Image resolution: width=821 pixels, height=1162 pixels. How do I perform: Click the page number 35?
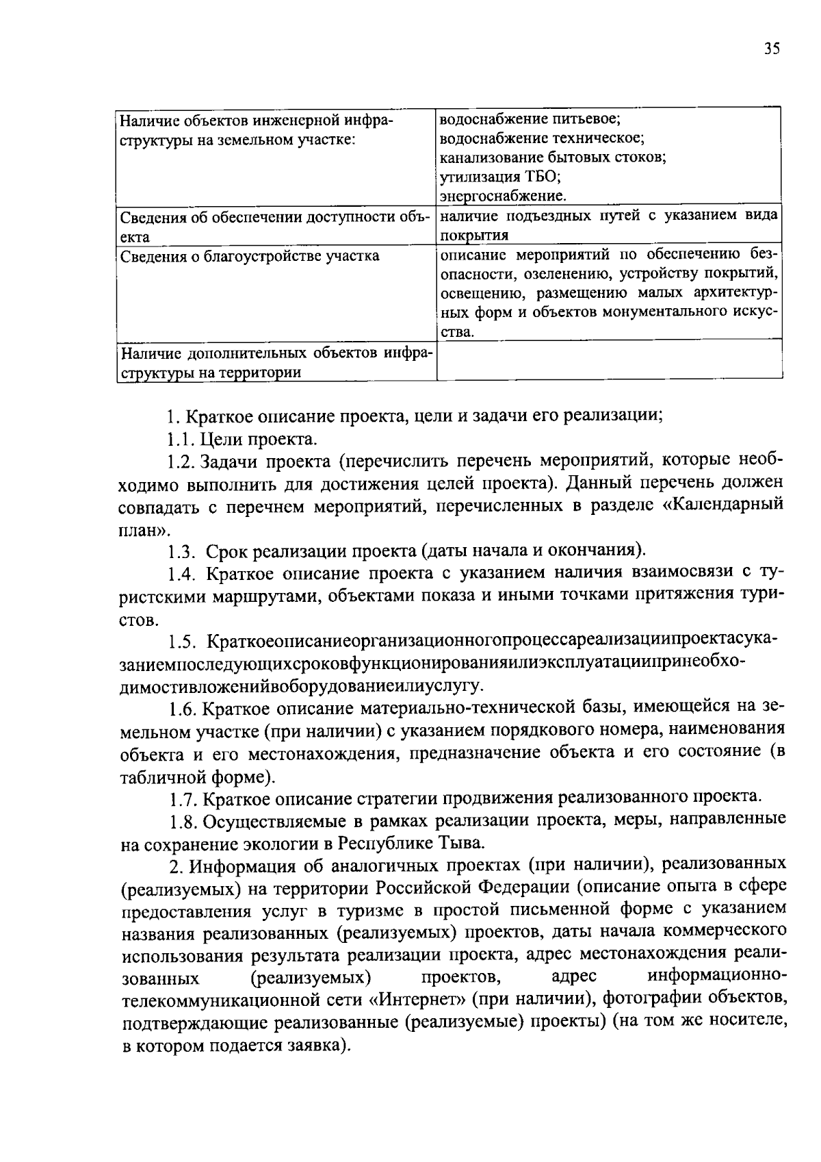[772, 49]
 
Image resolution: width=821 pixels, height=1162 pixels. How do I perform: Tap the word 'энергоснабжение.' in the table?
[502, 197]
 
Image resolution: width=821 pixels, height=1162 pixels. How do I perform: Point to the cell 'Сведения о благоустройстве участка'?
[250, 256]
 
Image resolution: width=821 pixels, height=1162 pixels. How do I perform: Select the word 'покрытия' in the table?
[473, 236]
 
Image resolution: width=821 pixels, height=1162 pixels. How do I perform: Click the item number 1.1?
[181, 439]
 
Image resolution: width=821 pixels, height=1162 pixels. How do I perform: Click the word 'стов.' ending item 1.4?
[140, 620]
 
